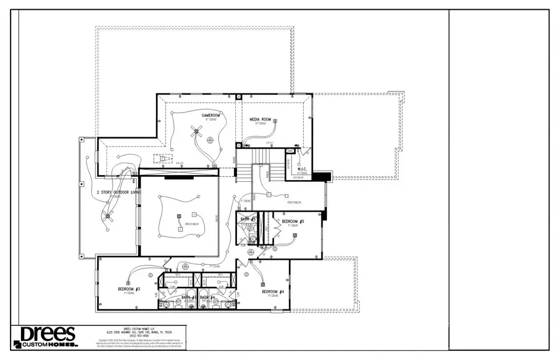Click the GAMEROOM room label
click(x=211, y=116)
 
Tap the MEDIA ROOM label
click(x=261, y=119)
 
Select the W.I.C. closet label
click(x=303, y=169)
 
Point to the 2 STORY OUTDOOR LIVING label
click(x=119, y=193)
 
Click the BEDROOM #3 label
click(x=129, y=289)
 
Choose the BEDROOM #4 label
click(x=272, y=292)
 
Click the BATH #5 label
click(x=248, y=220)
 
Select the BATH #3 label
click(x=189, y=298)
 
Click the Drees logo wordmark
click(x=48, y=334)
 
